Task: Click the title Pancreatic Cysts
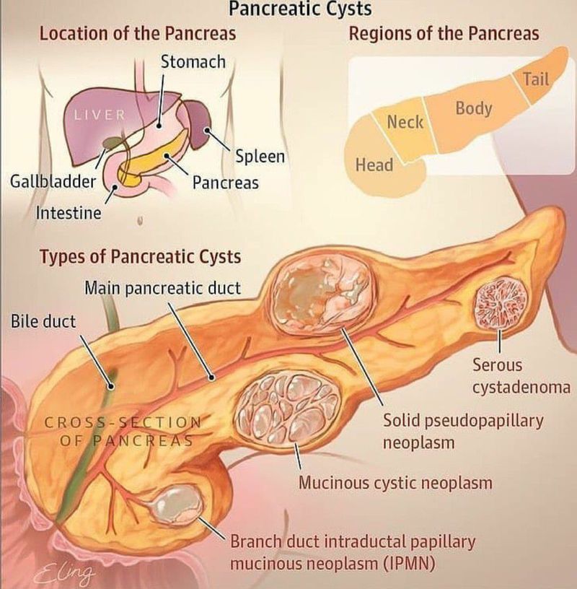[x=300, y=9]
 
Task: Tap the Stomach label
[x=193, y=62]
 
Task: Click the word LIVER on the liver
[x=100, y=115]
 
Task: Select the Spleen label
[x=260, y=156]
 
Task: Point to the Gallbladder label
[x=53, y=182]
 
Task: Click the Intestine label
[x=69, y=213]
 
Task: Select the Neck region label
[x=405, y=122]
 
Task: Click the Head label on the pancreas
[x=374, y=165]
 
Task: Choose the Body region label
[x=474, y=108]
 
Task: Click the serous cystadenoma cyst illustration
[x=501, y=302]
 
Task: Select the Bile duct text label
[x=43, y=321]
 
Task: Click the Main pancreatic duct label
[x=162, y=289]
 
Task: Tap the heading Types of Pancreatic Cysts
[x=141, y=257]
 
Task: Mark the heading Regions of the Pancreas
[x=444, y=34]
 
